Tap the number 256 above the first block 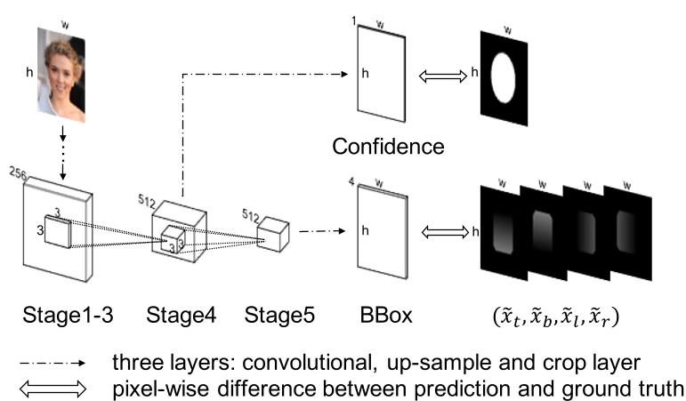pos(20,171)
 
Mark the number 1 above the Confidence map pos(352,20)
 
